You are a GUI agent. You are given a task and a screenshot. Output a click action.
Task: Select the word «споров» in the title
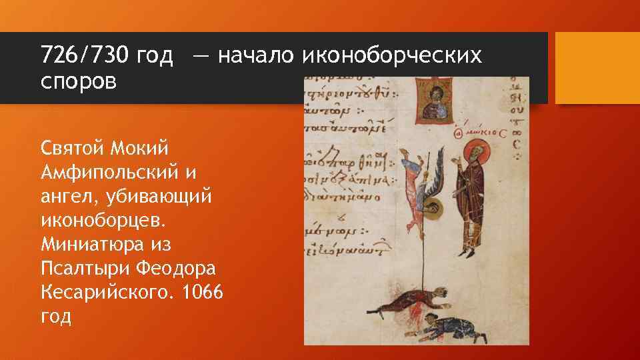point(78,83)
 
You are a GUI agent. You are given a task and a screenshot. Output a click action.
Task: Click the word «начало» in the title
point(256,55)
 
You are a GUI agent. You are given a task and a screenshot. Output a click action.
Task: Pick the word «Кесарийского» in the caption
point(111,293)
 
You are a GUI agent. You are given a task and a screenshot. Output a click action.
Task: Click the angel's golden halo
point(433,209)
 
